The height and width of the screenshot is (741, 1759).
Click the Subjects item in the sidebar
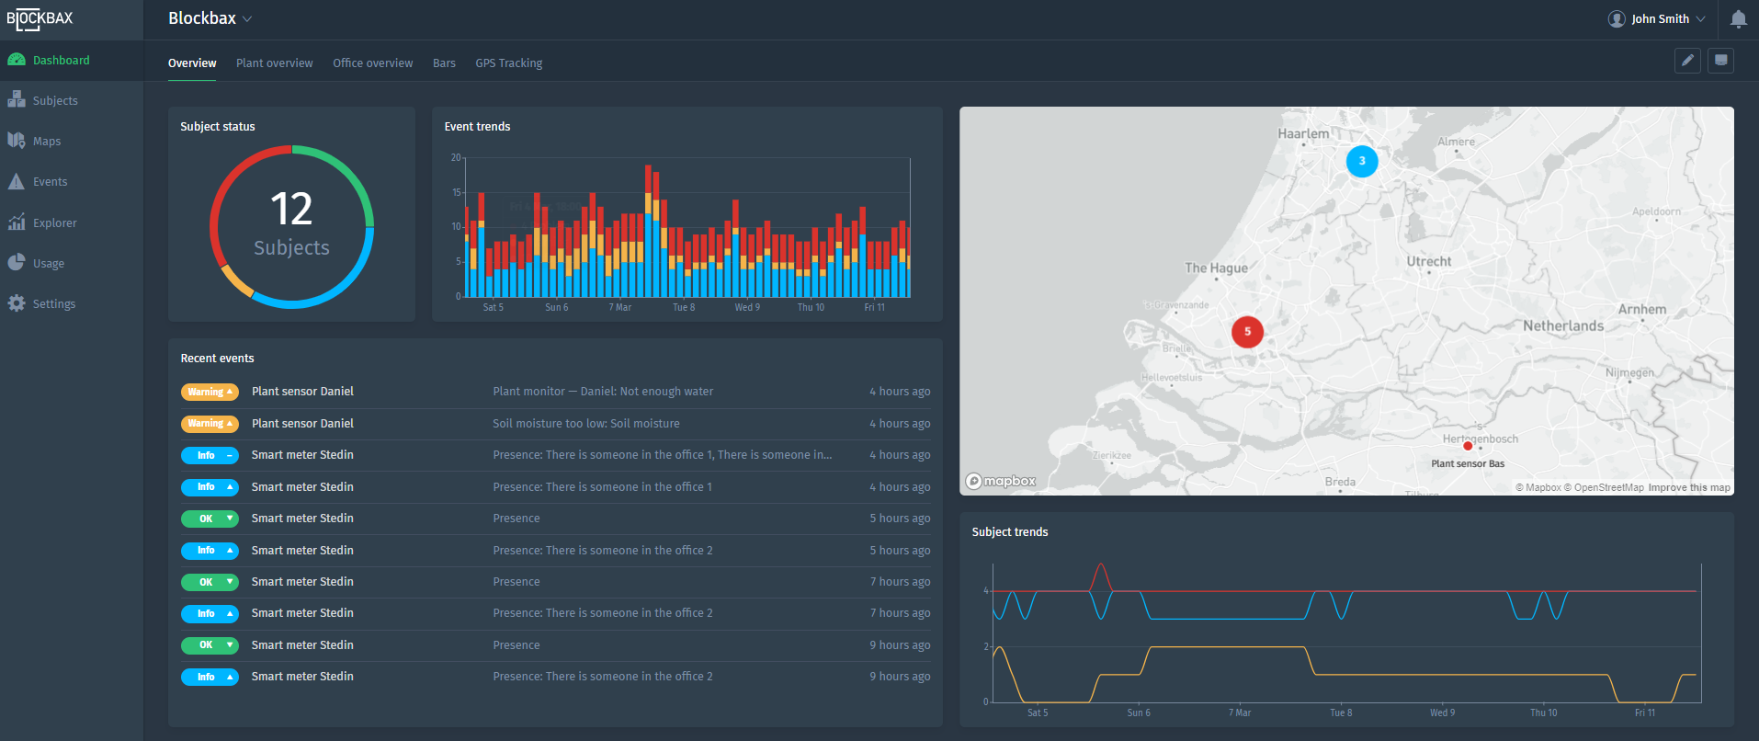click(55, 101)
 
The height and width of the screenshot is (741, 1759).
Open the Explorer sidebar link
click(54, 223)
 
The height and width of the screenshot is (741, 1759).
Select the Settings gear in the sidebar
click(17, 303)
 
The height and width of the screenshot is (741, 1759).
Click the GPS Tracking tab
click(508, 63)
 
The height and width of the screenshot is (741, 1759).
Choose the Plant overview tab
click(274, 63)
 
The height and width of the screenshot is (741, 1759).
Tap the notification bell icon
click(1738, 19)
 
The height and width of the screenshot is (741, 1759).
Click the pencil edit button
click(1687, 61)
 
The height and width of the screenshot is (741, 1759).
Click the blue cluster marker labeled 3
click(1362, 161)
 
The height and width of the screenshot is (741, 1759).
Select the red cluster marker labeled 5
click(1247, 332)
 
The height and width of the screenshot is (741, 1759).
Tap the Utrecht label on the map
click(1428, 262)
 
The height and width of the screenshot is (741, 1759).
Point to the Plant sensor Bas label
click(1468, 463)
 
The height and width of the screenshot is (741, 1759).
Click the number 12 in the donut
click(291, 210)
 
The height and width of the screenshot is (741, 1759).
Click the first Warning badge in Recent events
click(210, 392)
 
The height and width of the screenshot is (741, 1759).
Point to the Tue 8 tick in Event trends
click(684, 308)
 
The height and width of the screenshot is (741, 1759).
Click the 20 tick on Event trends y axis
click(456, 158)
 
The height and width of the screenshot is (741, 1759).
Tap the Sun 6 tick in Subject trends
click(1139, 712)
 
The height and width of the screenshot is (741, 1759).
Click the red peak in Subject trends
click(1101, 565)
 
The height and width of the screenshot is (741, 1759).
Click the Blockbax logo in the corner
click(40, 19)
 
